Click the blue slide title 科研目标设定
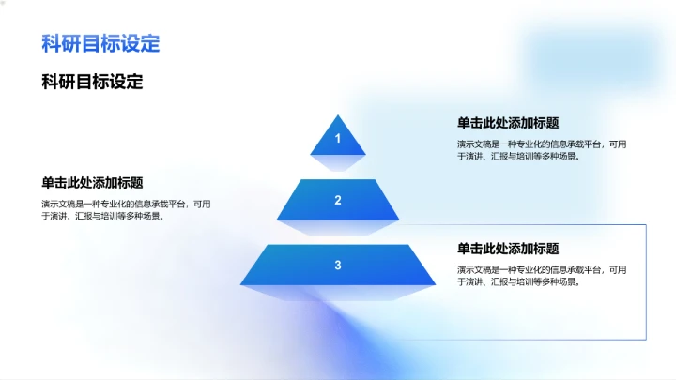coord(100,43)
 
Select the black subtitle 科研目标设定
coord(92,82)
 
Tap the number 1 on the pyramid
coord(338,140)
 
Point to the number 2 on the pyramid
coord(338,200)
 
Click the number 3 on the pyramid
coord(338,266)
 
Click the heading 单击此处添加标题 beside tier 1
coord(508,123)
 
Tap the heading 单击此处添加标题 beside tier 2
coord(92,182)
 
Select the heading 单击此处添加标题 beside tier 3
coord(508,249)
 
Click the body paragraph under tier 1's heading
coord(541,150)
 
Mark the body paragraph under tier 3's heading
coord(541,276)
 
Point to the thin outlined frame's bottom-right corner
coord(647,339)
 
